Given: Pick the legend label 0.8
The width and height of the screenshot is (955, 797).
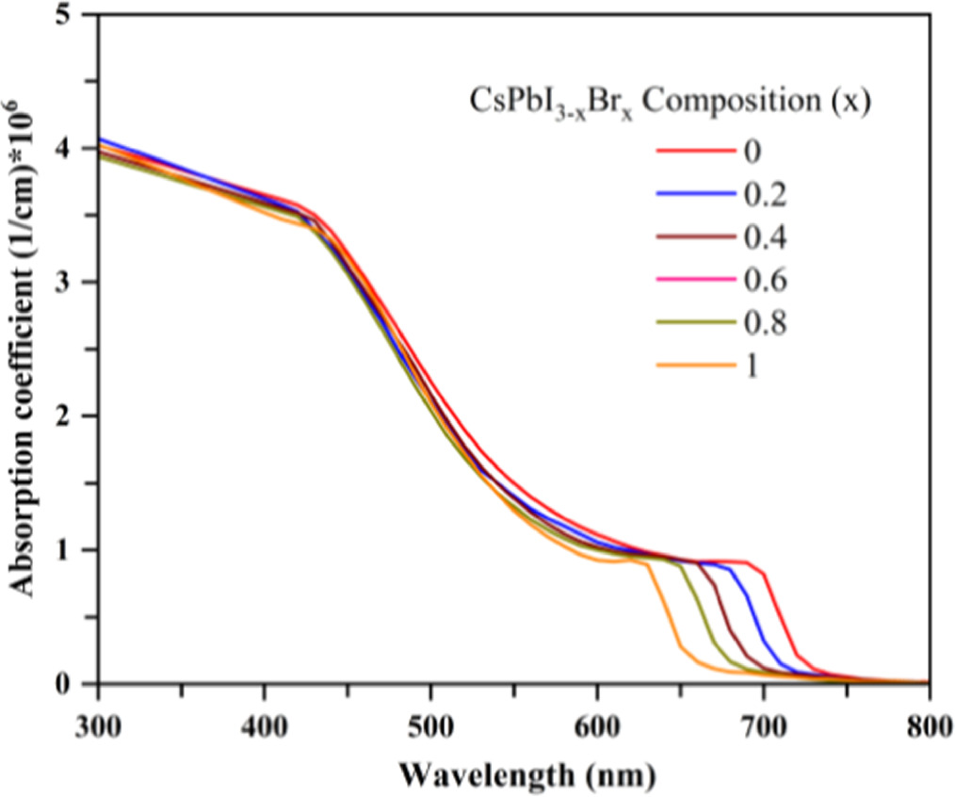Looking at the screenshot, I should [764, 323].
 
